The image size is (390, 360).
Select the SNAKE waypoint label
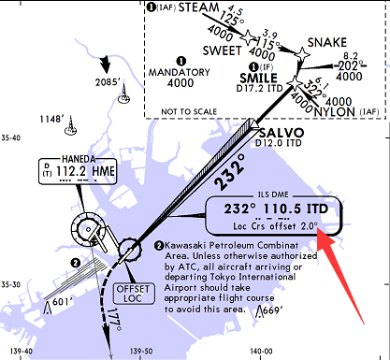point(326,42)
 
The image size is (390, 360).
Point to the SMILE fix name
point(259,78)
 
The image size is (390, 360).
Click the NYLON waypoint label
point(349,110)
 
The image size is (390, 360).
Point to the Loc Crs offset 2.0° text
point(275,226)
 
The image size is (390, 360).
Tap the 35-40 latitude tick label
point(11,137)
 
